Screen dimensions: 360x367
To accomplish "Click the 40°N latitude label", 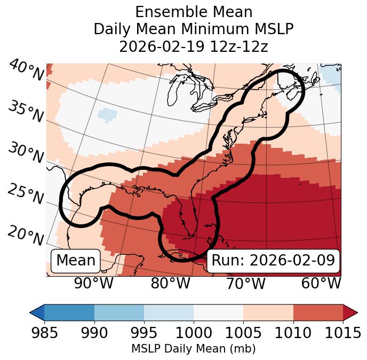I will (26, 71).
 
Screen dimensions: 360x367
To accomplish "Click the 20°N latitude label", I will (26, 236).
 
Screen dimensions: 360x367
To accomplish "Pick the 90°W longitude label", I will (93, 283).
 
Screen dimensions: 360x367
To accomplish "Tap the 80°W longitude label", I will (170, 283).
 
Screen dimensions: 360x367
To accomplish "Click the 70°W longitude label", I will (245, 283).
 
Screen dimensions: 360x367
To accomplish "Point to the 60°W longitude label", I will (321, 283).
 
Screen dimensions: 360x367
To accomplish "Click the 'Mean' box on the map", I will (76, 261).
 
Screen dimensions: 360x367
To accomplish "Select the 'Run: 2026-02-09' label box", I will (273, 261).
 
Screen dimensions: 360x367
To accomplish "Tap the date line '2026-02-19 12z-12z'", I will (194, 46).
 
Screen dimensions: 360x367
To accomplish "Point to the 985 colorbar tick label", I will (45, 333).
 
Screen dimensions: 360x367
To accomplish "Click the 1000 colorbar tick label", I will (194, 333).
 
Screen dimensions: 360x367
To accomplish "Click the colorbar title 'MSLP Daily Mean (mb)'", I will (194, 349).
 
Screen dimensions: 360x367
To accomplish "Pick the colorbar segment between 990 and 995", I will (119, 312).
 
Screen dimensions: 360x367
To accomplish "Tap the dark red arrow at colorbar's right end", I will (350, 312).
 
